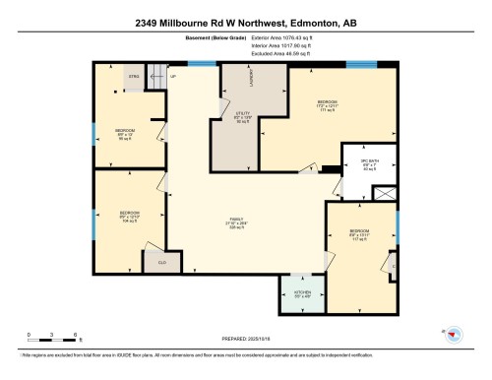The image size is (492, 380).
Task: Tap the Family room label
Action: (x=236, y=223)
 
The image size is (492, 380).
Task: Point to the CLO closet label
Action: (x=161, y=262)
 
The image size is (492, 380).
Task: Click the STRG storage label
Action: (x=134, y=76)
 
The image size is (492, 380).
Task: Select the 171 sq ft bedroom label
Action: (x=328, y=104)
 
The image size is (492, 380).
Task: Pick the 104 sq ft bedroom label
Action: (x=129, y=216)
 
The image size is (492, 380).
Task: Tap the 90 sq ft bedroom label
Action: (x=125, y=135)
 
